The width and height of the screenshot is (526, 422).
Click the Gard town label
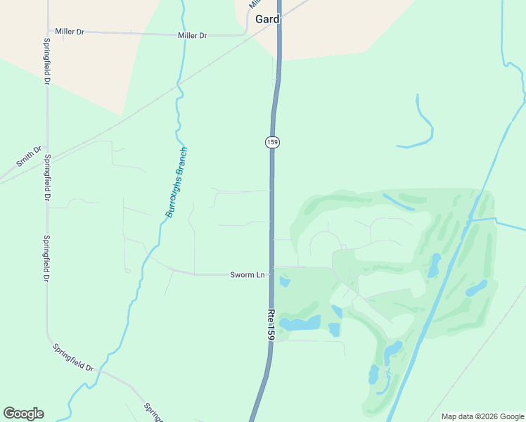coord(267,20)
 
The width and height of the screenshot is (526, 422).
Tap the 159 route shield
coord(273,142)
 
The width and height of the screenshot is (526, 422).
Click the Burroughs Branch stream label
coord(177,182)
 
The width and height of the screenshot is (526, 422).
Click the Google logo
coord(23,414)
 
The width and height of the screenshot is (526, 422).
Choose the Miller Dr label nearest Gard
coord(193,35)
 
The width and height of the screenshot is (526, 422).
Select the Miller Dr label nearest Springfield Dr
coord(70,32)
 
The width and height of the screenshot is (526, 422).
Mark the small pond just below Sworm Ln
coord(285,282)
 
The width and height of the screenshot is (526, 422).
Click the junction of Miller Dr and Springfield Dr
coord(47,32)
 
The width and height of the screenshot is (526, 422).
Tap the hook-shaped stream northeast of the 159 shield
coord(424,127)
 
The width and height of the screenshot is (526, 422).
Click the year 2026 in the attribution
coord(489,416)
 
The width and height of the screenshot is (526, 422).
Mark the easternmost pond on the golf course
coord(477,288)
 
